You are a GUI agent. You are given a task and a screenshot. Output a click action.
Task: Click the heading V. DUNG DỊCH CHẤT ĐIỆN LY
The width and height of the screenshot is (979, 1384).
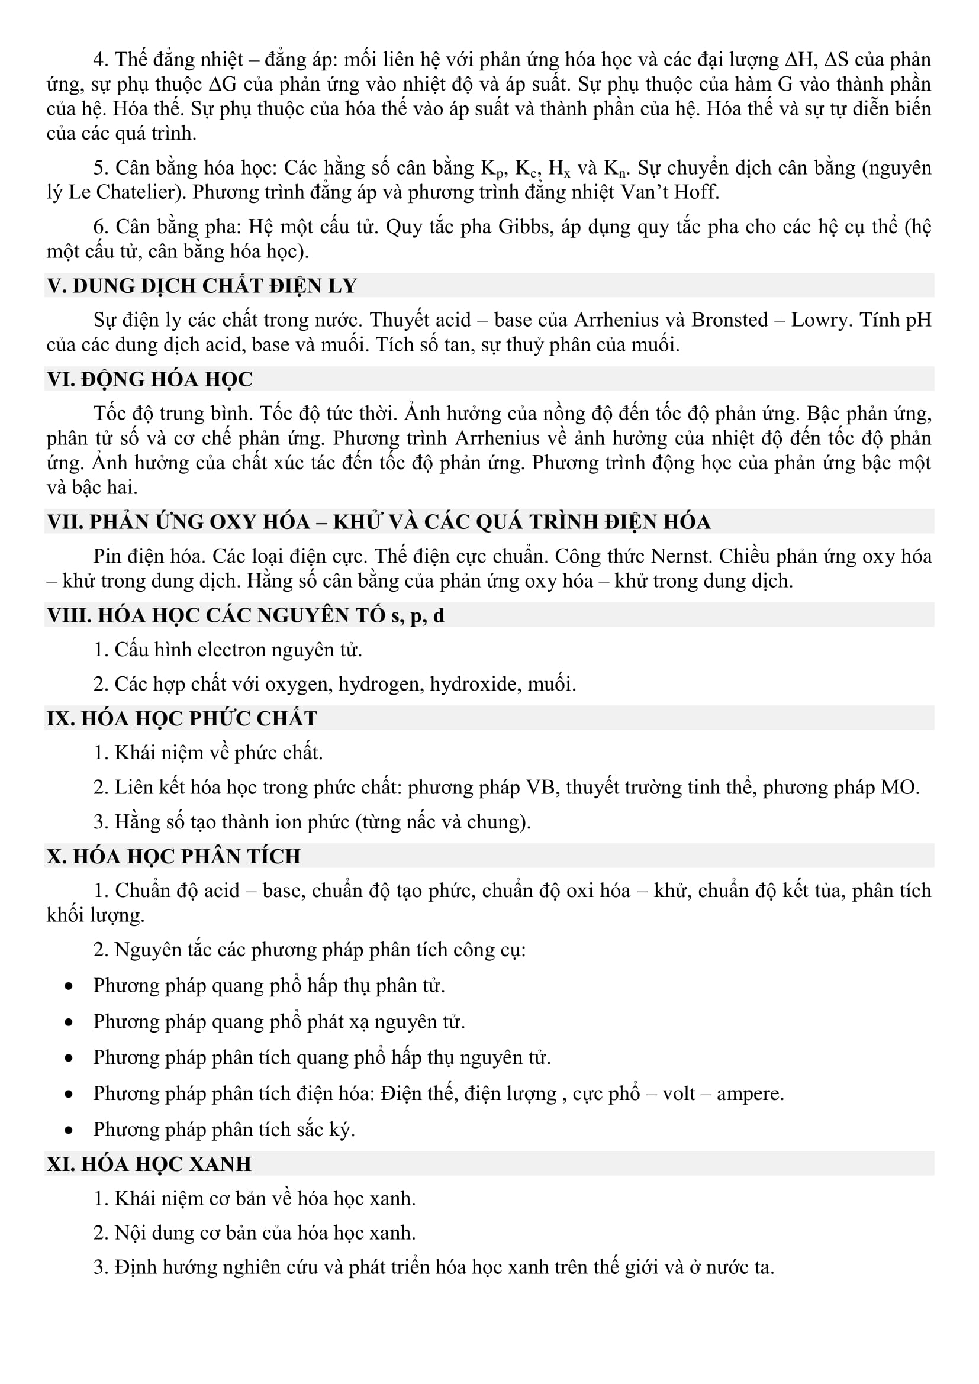[202, 286]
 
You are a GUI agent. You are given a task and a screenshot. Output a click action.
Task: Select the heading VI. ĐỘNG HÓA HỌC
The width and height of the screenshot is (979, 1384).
[150, 379]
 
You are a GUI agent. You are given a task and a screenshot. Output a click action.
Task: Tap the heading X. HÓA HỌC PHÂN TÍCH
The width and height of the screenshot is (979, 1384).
[173, 856]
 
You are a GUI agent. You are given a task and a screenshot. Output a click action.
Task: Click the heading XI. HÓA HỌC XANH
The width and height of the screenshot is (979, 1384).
[149, 1163]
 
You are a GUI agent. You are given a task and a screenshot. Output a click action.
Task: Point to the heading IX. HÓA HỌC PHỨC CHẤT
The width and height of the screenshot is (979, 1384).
[182, 718]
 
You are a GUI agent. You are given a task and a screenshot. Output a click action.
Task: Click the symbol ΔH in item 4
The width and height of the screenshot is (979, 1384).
[799, 60]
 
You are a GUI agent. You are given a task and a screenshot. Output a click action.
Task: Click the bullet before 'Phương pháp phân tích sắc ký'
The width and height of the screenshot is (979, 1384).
[69, 1130]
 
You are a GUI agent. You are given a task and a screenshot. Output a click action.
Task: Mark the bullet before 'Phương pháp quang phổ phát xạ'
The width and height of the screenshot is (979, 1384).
[69, 1022]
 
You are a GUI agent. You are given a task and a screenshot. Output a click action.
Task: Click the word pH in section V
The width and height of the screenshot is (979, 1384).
[918, 320]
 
